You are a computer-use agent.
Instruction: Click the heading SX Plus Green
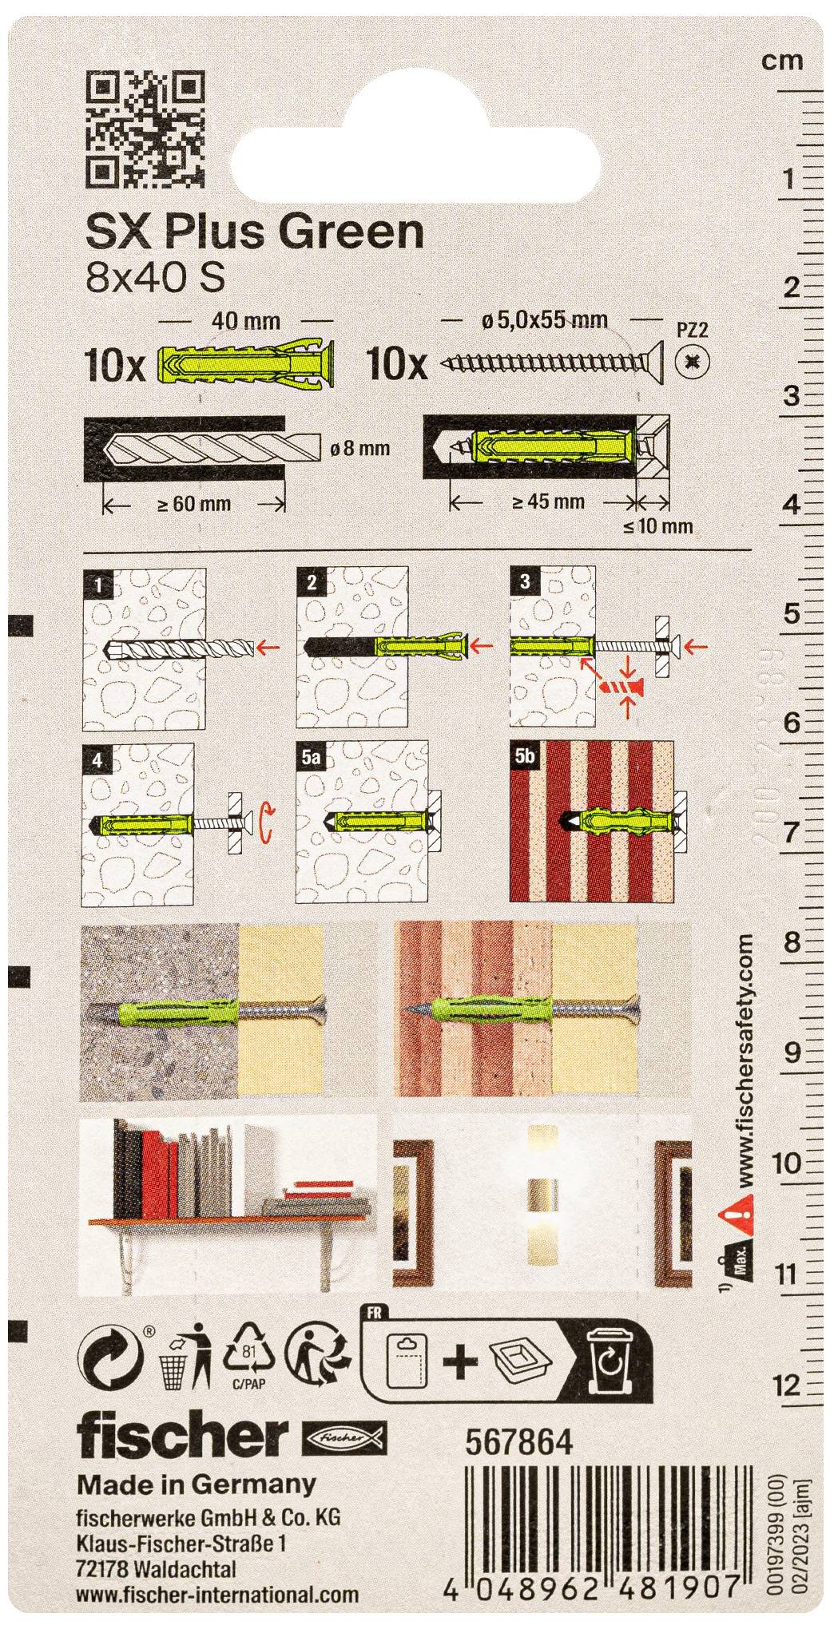pyautogui.click(x=254, y=232)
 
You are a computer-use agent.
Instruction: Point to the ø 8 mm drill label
pyautogui.click(x=359, y=448)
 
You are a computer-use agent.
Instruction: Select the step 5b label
pyautogui.click(x=525, y=757)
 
